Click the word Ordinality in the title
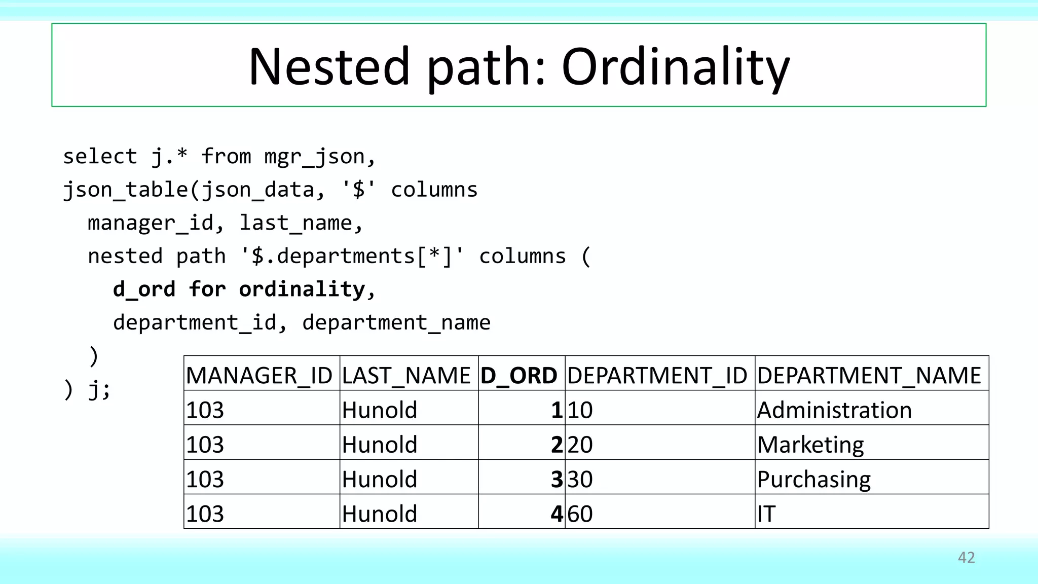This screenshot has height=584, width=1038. tap(676, 67)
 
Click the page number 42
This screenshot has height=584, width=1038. tap(966, 558)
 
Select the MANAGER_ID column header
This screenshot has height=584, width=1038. tap(259, 376)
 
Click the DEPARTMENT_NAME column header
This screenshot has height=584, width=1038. tap(869, 376)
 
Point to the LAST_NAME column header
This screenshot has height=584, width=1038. tap(406, 376)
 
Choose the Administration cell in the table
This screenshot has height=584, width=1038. tap(834, 410)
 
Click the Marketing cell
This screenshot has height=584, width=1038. tap(810, 445)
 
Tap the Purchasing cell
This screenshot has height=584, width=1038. tap(813, 480)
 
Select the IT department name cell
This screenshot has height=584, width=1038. tap(766, 514)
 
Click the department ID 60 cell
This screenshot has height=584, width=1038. tap(580, 514)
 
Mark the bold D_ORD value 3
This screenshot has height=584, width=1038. tap(557, 480)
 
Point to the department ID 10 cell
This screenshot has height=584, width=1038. tap(580, 410)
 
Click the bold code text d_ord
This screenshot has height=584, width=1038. tap(144, 289)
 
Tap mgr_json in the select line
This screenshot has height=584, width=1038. tap(314, 157)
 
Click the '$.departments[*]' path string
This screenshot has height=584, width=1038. tap(352, 256)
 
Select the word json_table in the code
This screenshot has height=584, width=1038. tap(126, 190)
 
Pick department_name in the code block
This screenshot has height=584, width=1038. tap(396, 323)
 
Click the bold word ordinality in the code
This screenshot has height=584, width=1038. tap(302, 289)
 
